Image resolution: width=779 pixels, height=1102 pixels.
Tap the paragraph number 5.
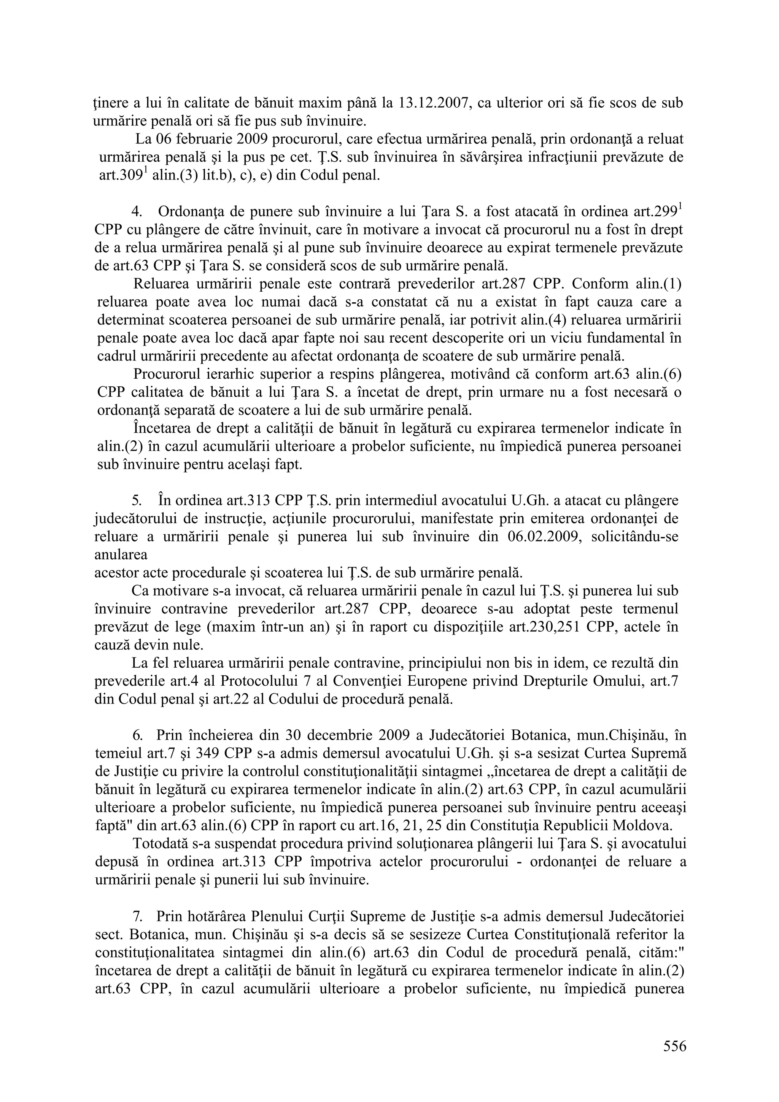point(136,500)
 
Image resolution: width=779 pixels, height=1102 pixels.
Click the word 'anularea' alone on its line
point(121,555)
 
